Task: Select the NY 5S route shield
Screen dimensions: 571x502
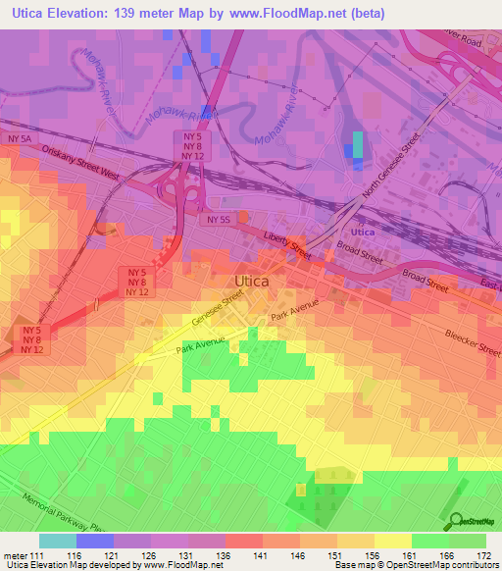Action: [x=218, y=220]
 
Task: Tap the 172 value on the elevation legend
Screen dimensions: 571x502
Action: [x=484, y=555]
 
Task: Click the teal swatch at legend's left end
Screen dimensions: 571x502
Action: [x=57, y=541]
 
